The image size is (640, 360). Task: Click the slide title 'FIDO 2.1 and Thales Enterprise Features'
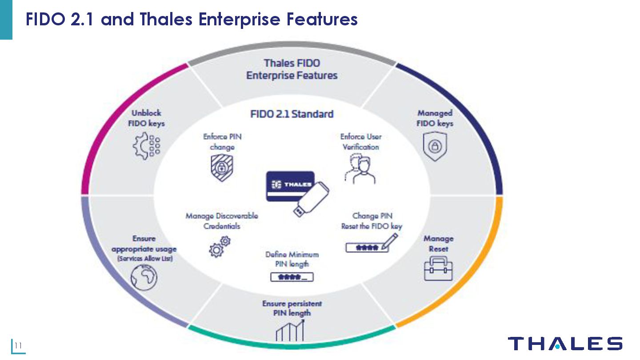[x=192, y=20]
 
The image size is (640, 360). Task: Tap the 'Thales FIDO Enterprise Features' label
[x=292, y=69]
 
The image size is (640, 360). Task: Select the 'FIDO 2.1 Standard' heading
[x=292, y=114]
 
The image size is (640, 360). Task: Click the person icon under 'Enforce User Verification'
[x=360, y=169]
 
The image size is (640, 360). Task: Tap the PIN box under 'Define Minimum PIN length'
[x=292, y=277]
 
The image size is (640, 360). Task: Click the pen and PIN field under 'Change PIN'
[x=372, y=244]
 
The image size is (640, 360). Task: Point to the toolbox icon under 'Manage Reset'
[x=438, y=268]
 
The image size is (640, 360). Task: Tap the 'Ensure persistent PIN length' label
[x=292, y=308]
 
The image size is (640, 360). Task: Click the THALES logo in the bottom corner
[x=565, y=344]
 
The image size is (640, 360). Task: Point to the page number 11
[x=18, y=346]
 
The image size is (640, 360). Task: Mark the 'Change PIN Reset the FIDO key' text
[x=372, y=221]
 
